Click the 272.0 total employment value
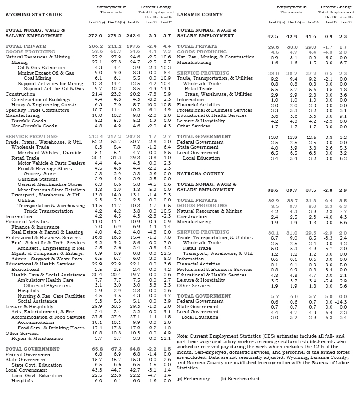(96, 35)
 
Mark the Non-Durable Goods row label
(34, 126)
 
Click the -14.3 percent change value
(348, 301)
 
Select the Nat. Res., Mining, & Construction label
(216, 57)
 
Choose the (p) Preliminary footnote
(194, 378)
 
